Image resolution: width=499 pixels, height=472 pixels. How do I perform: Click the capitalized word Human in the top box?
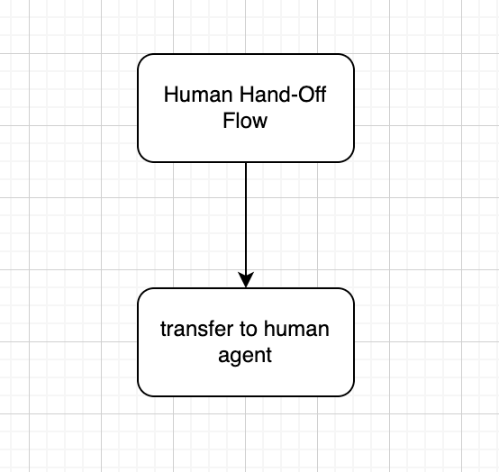(198, 95)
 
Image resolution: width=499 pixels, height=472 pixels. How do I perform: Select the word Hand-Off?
(283, 95)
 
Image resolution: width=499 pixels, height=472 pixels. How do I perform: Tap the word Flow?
(245, 121)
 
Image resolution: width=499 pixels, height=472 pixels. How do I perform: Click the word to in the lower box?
(249, 330)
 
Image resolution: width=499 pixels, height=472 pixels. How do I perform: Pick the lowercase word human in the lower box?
(296, 329)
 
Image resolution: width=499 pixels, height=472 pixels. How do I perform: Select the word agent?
(245, 356)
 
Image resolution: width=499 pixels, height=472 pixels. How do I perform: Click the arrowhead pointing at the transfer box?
(246, 280)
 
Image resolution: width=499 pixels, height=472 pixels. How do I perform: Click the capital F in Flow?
(229, 121)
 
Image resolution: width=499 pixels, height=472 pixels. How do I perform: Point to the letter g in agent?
(234, 357)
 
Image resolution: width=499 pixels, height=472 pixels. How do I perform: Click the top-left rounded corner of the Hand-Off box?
(142, 59)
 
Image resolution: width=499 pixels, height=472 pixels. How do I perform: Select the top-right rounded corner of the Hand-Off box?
(349, 59)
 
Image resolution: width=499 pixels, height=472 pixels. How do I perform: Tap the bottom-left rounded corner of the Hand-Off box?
(142, 158)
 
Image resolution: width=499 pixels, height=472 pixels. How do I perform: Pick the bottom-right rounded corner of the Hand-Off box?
(349, 158)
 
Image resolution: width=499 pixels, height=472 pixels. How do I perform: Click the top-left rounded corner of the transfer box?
(142, 293)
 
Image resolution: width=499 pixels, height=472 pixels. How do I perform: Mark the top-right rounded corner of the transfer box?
(349, 293)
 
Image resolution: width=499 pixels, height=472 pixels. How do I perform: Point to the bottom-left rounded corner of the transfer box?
(142, 392)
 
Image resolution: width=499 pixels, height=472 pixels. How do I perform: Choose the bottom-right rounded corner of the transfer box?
(349, 392)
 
